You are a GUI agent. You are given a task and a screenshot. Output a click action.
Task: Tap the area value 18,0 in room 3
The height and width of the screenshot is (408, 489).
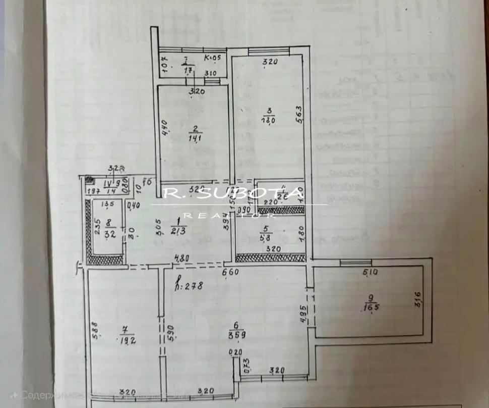pyautogui.click(x=268, y=120)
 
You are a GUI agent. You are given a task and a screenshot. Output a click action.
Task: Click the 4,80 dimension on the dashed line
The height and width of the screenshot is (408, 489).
pyautogui.click(x=181, y=258)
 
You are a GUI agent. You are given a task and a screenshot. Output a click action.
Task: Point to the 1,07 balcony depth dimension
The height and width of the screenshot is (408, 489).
pyautogui.click(x=164, y=65)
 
